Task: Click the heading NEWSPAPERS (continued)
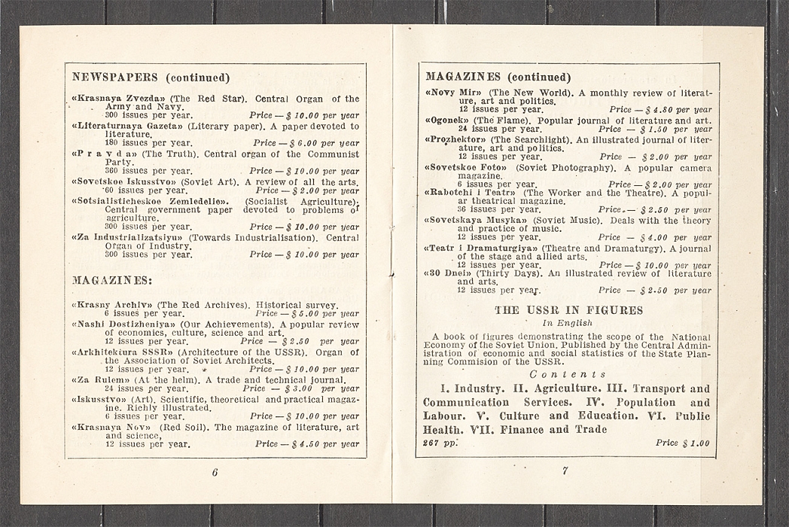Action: click(x=151, y=77)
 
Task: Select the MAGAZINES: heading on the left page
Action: click(x=111, y=280)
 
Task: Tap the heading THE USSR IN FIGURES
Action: click(x=568, y=309)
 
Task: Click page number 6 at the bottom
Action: click(x=215, y=472)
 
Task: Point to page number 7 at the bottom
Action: click(x=565, y=471)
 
